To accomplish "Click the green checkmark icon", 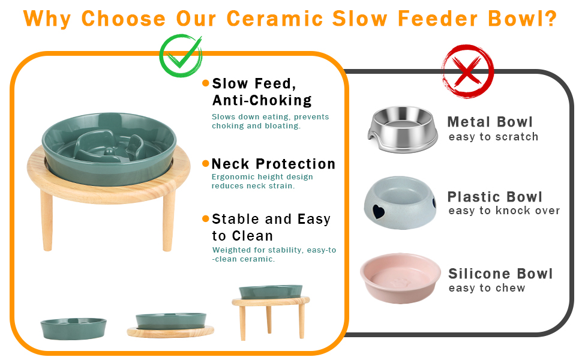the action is (x=181, y=56).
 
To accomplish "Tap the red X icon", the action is (x=467, y=71).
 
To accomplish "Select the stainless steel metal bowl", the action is (x=403, y=129).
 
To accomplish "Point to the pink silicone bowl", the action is (x=400, y=278).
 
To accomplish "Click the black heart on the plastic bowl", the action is (x=379, y=211).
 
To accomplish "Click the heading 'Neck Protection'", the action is (x=274, y=164).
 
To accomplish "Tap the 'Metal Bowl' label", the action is (x=490, y=122).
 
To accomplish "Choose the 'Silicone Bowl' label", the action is (x=501, y=274).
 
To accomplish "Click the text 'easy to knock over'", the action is (x=504, y=211).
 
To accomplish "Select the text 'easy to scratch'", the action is (x=493, y=137).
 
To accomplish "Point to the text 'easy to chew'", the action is (x=487, y=287).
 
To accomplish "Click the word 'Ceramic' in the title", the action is (x=275, y=19).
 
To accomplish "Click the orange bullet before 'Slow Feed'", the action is (x=206, y=83).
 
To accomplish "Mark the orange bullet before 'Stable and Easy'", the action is (x=206, y=218).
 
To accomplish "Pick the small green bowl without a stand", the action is (x=73, y=328).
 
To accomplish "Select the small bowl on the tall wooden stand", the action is (x=271, y=292).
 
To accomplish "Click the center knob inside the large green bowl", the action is (x=109, y=151).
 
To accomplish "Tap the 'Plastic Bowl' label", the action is (x=495, y=196).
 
